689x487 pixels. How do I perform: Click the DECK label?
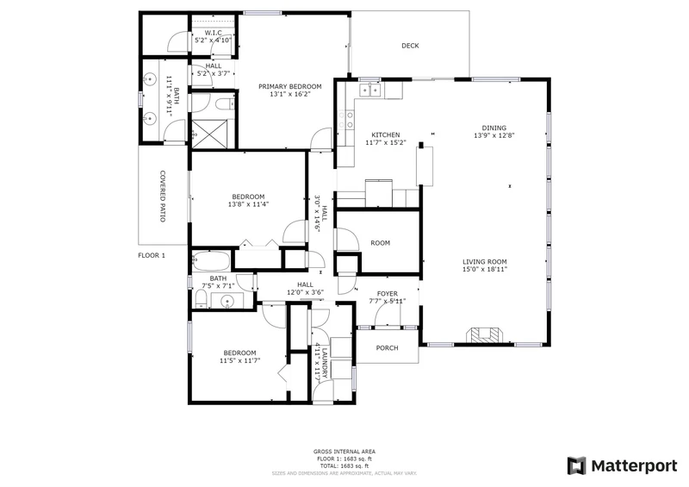coord(410,46)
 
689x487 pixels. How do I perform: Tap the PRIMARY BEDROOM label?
coord(290,87)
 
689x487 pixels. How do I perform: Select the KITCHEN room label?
coord(386,135)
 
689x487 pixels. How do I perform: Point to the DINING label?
coord(493,128)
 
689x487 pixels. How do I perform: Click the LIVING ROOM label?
coord(485,261)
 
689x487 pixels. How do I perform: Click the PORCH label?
coord(387,348)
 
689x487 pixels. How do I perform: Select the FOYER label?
coord(387,294)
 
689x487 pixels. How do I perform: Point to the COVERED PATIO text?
coord(163,197)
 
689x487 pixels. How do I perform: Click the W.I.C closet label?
coord(213,33)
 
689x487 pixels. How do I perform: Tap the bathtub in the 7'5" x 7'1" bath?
coord(211,261)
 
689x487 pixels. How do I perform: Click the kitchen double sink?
coord(370,91)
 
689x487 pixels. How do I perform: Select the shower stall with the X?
coord(209,133)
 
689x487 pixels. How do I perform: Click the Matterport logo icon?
coord(576,466)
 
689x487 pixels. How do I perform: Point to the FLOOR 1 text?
coord(152,256)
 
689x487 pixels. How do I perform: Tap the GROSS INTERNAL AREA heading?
coord(344,452)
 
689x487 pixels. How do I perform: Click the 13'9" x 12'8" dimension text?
coord(493,135)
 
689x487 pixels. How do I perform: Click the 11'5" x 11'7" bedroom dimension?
coord(240,361)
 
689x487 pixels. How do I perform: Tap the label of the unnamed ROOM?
coord(380,243)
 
